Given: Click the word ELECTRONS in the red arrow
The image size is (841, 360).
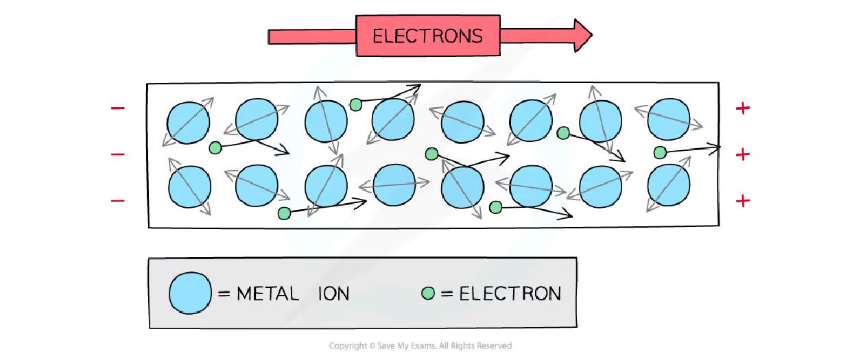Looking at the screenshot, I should tap(427, 36).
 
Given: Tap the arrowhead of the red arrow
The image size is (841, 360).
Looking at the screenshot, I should tap(582, 35).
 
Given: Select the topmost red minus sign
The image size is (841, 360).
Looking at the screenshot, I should tap(118, 108).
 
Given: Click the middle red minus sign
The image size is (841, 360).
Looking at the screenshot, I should tap(118, 154).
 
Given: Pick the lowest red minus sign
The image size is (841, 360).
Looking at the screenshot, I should tap(118, 201).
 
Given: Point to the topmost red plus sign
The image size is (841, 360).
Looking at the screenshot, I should tap(742, 108).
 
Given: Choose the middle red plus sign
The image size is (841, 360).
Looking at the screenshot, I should tap(742, 154).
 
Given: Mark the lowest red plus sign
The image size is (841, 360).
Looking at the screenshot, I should tap(742, 201).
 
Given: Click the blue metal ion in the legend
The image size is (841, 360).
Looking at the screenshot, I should tap(190, 293).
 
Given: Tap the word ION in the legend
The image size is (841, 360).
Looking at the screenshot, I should tap(333, 294).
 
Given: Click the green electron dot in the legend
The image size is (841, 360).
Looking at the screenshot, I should tap(429, 293).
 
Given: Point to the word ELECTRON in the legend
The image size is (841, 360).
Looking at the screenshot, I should tap(510, 294).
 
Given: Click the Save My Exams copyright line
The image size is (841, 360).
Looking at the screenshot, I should tap(420, 346).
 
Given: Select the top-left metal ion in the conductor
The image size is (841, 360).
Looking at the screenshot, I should tap(187, 123).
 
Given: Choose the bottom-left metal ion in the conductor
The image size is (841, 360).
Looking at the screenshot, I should tap(189, 186).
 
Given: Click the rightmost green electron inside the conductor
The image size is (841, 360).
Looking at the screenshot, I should tap(660, 152).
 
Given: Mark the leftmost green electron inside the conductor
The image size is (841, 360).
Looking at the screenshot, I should tap(215, 147).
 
